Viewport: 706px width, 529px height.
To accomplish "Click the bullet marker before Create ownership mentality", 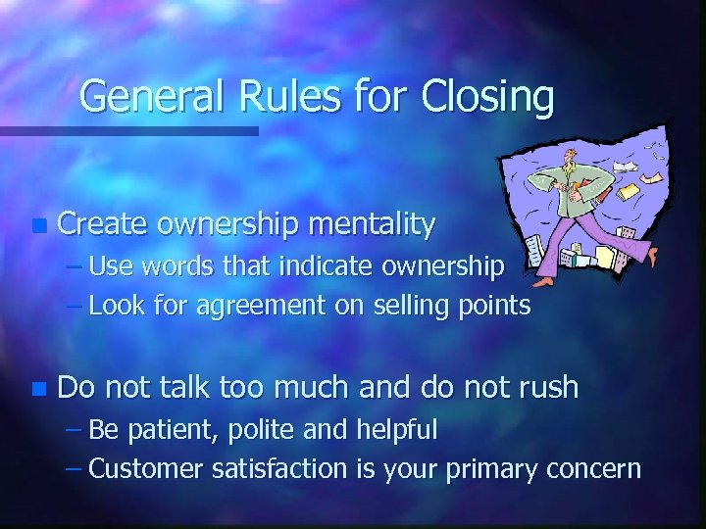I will [x=37, y=226].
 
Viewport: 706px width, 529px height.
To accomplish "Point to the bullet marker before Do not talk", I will [x=37, y=389].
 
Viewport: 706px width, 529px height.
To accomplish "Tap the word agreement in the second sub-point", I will [x=259, y=307].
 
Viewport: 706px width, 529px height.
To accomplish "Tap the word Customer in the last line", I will [x=147, y=468].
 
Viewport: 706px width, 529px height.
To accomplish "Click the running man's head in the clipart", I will [x=568, y=161].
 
